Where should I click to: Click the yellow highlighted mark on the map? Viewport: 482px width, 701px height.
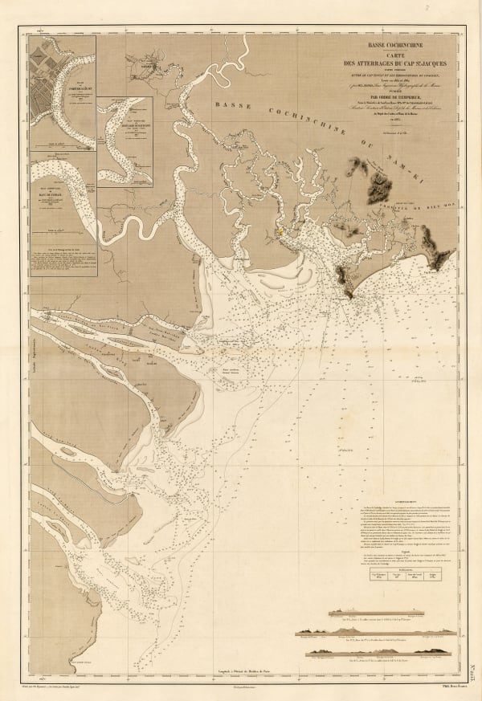click(280, 233)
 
